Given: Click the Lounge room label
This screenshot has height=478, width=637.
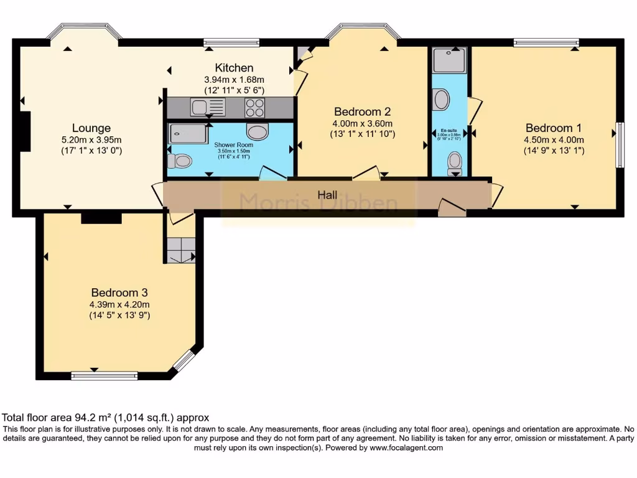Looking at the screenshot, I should pyautogui.click(x=91, y=128).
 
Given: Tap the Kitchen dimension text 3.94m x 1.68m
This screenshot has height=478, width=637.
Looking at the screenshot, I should pyautogui.click(x=234, y=80).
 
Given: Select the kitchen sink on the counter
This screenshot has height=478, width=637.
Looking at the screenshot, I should pyautogui.click(x=207, y=108).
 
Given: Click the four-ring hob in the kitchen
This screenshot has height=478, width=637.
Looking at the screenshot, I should pyautogui.click(x=254, y=108).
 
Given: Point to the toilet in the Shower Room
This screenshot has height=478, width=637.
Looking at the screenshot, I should pyautogui.click(x=180, y=161).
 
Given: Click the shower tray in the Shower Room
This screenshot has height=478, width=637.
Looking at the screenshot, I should pyautogui.click(x=188, y=133).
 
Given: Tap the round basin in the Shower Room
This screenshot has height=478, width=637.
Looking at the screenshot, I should pyautogui.click(x=258, y=131).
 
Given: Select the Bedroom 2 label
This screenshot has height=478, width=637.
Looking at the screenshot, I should pyautogui.click(x=362, y=112).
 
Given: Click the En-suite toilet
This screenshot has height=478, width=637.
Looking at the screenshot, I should pyautogui.click(x=455, y=162).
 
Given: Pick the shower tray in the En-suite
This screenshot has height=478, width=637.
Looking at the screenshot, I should pyautogui.click(x=450, y=61).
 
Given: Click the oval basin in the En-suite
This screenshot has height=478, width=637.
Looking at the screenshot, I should pyautogui.click(x=441, y=100).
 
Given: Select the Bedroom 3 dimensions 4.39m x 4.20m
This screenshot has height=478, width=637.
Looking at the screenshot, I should pyautogui.click(x=120, y=304).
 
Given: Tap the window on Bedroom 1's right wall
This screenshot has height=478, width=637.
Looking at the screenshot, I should pyautogui.click(x=620, y=144).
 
